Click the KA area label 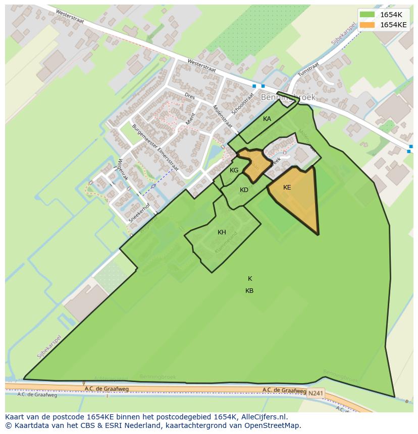[x=267, y=119]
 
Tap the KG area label [x=234, y=170]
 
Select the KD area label [x=244, y=190]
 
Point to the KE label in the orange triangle [x=287, y=188]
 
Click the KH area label [x=222, y=232]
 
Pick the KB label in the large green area [x=249, y=291]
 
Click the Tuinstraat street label [x=308, y=69]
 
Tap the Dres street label [x=190, y=96]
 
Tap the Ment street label [x=190, y=119]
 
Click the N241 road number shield [x=315, y=393]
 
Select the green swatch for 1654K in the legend [x=368, y=15]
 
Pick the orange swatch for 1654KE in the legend [x=368, y=24]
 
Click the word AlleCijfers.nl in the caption [x=263, y=417]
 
